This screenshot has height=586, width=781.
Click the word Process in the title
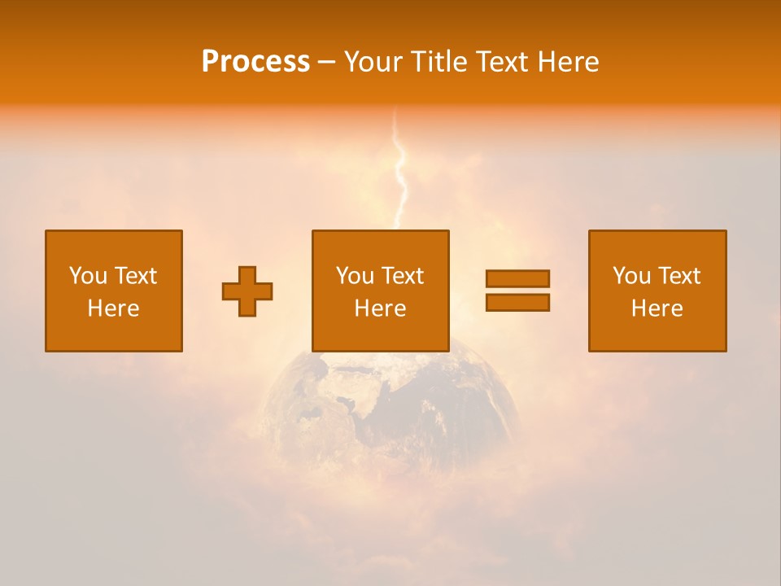(255, 62)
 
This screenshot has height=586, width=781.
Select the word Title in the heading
(437, 62)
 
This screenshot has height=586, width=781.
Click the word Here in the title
(570, 62)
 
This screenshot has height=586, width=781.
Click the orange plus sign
(247, 291)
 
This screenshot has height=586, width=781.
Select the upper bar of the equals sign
(517, 279)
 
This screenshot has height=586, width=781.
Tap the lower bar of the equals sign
(517, 303)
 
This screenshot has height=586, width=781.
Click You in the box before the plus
(88, 276)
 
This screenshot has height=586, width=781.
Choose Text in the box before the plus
(135, 276)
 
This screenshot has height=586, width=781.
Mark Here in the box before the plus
(113, 308)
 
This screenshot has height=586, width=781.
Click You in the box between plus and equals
(355, 276)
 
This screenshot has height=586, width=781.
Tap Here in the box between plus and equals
(380, 308)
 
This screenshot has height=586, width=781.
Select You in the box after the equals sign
(631, 276)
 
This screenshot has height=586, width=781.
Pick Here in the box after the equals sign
(657, 308)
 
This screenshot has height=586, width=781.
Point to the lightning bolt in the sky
(399, 175)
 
